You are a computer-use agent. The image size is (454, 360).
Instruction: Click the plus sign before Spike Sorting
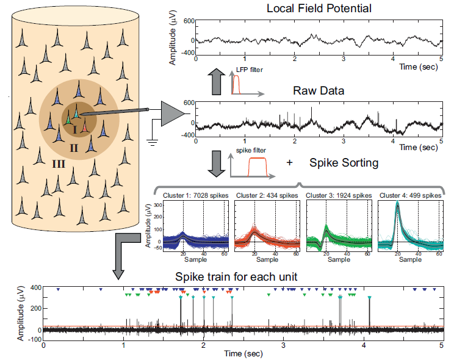coord(289,164)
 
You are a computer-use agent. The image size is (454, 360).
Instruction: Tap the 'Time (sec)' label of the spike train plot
coord(243,353)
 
